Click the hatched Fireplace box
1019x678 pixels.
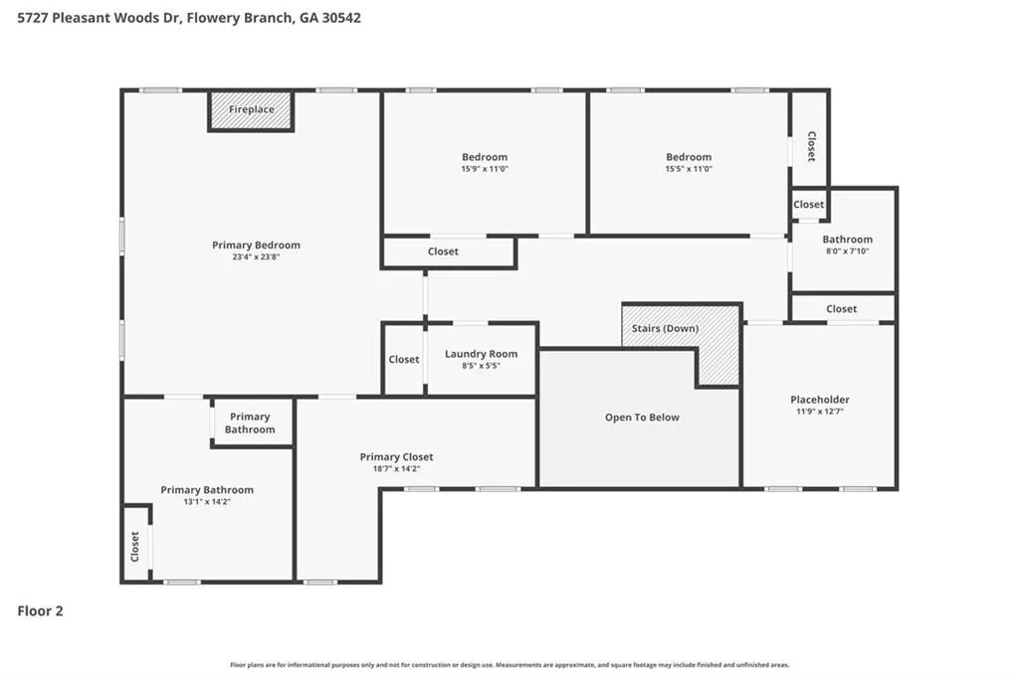coord(251,111)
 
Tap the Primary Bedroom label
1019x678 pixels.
coord(256,245)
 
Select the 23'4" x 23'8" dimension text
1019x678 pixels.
coord(256,257)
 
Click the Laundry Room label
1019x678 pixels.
coord(481,354)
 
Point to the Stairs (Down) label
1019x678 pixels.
coord(665,328)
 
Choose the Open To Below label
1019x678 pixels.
coord(642,417)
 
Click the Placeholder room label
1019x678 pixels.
coord(820,400)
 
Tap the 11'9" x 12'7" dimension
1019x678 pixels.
coord(820,412)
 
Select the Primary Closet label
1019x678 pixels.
coord(396,456)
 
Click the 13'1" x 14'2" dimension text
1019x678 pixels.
coord(207,501)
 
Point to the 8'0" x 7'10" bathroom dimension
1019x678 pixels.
coord(848,252)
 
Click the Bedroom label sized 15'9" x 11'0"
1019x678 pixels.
coord(485,156)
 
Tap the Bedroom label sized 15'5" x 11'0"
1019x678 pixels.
coord(689,156)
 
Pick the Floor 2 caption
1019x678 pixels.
coord(40,610)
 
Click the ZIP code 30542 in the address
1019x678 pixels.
coord(341,18)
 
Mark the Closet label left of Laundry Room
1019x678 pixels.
coord(404,359)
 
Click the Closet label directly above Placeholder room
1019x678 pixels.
coord(842,308)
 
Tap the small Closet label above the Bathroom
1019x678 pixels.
coord(808,204)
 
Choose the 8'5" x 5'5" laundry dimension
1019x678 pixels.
coord(481,366)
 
